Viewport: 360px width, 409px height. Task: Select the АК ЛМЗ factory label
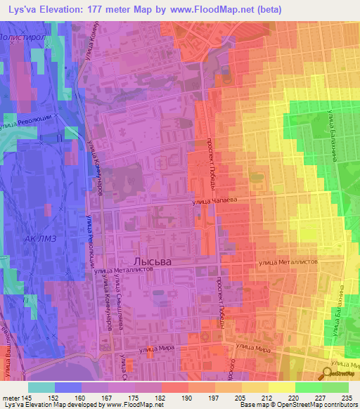coord(38,239)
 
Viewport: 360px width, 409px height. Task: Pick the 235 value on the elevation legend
coord(346,398)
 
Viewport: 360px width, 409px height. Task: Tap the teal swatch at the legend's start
coord(41,387)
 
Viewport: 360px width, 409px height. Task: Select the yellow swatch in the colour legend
coord(281,387)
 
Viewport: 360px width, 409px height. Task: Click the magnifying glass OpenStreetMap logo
coord(328,375)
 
